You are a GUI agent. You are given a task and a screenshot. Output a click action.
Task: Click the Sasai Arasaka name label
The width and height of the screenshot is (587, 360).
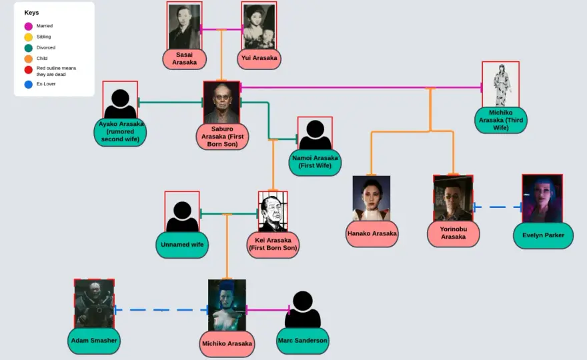pos(184,59)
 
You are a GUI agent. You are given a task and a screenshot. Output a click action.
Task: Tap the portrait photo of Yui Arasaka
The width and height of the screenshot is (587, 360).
pos(259,26)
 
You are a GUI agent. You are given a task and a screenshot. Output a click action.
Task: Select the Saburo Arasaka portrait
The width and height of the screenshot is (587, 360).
pos(221,103)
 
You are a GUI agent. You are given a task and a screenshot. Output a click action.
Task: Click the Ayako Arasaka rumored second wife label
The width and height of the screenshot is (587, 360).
pos(120,132)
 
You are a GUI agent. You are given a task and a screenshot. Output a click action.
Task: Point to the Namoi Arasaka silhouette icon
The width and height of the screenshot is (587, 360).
pos(315,134)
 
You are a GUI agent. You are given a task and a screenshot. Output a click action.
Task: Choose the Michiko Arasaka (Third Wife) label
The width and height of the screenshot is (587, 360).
pos(501,120)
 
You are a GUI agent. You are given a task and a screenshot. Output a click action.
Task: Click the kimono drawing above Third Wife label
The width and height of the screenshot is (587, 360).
pos(501,85)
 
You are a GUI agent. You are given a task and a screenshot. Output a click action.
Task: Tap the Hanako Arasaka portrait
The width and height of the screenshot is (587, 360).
pos(372,199)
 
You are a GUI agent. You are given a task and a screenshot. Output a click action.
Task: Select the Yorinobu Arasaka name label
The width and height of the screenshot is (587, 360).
pos(454,233)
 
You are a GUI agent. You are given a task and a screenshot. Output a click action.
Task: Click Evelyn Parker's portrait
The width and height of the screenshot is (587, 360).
pos(542,199)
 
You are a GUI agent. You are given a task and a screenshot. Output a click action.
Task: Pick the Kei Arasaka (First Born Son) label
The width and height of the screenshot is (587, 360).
pos(273,245)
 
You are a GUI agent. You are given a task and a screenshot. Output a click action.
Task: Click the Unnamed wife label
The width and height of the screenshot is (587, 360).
pos(182,245)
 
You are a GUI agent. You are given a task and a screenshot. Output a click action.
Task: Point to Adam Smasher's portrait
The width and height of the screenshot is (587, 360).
pos(94,304)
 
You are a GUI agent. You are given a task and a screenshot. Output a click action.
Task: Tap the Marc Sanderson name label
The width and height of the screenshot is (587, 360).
pos(302,341)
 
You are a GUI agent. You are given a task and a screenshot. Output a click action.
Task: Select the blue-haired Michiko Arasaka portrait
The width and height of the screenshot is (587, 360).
pos(227,305)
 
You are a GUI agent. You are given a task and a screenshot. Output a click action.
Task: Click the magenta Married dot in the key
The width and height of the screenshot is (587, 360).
pos(29,26)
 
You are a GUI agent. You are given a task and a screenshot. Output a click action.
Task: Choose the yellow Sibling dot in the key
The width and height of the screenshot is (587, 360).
pos(29,37)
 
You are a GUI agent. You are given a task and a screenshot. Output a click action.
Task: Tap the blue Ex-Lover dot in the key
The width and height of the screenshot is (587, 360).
pos(29,85)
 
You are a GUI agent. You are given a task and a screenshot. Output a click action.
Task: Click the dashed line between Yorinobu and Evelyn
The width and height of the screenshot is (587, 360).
pos(498,207)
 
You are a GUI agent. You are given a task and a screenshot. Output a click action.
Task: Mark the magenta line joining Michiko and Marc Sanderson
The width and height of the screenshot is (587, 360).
pos(267,310)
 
